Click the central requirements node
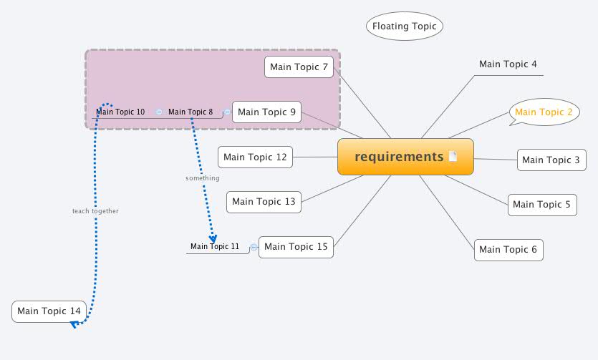point(400,157)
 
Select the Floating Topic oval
point(405,26)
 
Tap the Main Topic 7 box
point(299,67)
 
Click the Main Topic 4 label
point(508,64)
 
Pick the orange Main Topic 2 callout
point(544,112)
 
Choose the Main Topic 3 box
point(551,160)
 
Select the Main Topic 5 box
point(541,205)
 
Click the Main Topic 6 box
point(508,249)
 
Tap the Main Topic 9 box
point(266,112)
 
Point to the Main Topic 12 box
point(255,157)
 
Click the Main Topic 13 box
point(264,202)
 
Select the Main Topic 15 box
point(296,247)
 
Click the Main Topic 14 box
point(49,311)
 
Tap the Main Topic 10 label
point(120,112)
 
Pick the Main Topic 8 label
point(191,112)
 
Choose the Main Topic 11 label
point(215,247)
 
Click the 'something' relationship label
point(203,178)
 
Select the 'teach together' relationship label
point(95,211)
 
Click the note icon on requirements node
point(453,157)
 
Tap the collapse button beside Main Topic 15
point(254,248)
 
